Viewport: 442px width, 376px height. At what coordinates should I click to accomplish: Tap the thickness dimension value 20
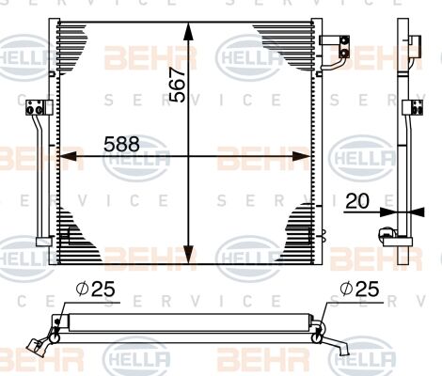[x=356, y=199]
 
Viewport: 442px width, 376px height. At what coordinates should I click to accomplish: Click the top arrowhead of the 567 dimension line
[x=191, y=26]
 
